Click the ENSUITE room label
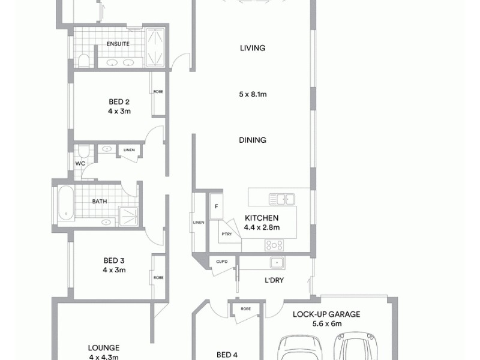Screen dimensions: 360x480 118,44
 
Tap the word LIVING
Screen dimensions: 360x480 252,49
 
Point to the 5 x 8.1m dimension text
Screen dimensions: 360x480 252,94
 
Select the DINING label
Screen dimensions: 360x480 252,140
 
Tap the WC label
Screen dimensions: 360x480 80,163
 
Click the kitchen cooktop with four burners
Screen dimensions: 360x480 274,245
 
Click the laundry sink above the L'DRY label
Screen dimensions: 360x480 277,262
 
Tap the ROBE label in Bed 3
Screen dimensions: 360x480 158,278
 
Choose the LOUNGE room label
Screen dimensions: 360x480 103,347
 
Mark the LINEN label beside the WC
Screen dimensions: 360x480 128,150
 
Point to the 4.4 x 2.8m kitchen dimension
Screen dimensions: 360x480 262,227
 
